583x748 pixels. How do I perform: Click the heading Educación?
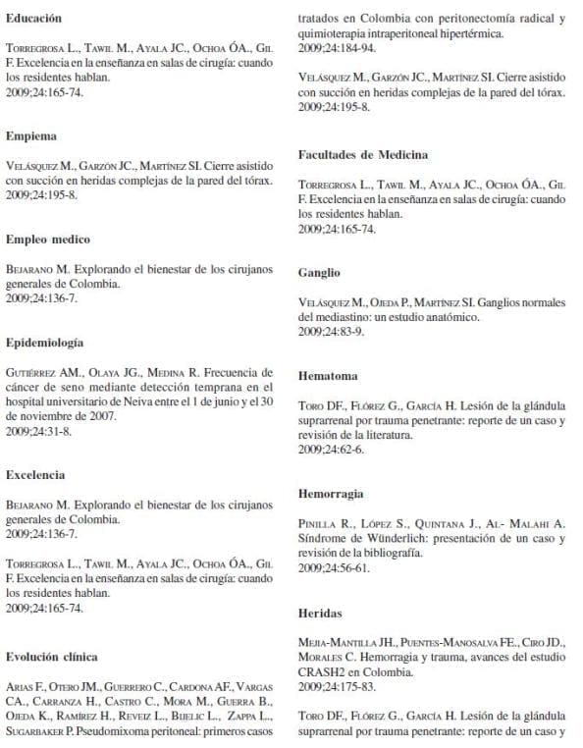click(33, 18)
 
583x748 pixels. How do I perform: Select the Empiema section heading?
click(30, 134)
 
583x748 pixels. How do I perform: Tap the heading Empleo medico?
click(47, 239)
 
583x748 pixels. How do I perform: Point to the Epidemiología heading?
click(44, 343)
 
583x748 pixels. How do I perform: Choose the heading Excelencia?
click(35, 474)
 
